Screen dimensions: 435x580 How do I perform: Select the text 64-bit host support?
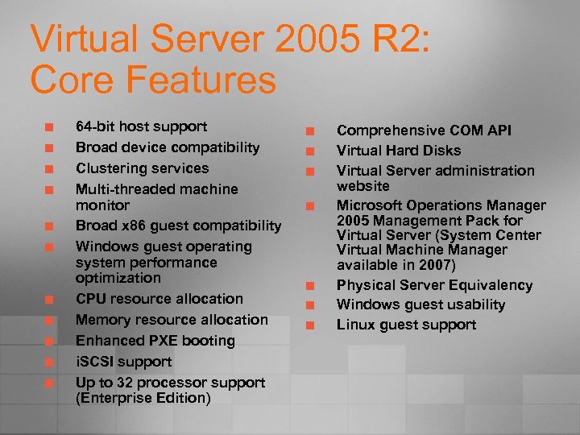tap(141, 126)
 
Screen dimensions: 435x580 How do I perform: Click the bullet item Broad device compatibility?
tap(168, 147)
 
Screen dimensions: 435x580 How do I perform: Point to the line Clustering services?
tap(142, 168)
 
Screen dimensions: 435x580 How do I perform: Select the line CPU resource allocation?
tap(159, 299)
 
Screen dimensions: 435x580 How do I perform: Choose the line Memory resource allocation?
tap(172, 320)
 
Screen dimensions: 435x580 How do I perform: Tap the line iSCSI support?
tap(123, 362)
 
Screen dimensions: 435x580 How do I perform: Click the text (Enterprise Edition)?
tap(143, 398)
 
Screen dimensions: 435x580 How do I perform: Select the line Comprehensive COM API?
tap(424, 130)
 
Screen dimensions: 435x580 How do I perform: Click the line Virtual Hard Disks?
tap(399, 151)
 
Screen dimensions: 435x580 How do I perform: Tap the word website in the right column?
tap(362, 186)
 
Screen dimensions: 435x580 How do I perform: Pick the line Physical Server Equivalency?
tap(434, 285)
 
